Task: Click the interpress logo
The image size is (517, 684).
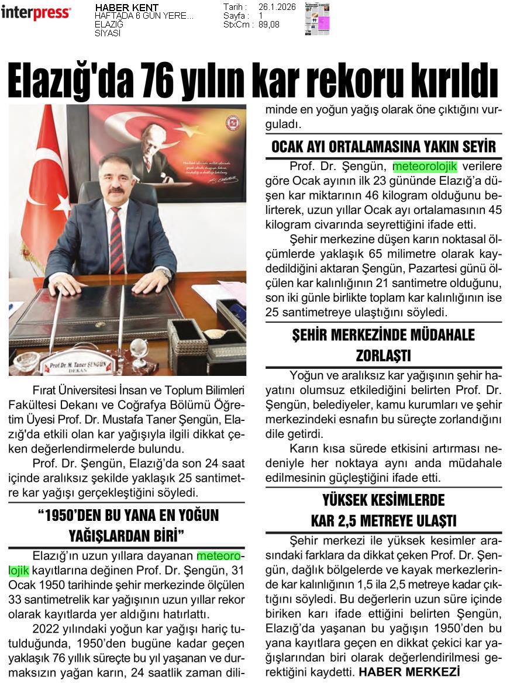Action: coord(36,12)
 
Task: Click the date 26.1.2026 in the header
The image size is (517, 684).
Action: coord(277,7)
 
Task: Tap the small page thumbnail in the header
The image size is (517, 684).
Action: coord(317,19)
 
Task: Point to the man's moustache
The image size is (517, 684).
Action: coord(116,190)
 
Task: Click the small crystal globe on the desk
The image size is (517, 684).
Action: coord(139,350)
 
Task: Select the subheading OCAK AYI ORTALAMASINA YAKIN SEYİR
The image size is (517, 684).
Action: coord(384,146)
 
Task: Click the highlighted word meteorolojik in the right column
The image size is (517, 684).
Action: coord(425,166)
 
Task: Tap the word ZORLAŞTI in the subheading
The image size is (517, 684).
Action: coord(384,355)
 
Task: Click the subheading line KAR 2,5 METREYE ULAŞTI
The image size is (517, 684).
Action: coord(384,520)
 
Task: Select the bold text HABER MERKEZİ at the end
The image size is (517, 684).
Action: coord(409,672)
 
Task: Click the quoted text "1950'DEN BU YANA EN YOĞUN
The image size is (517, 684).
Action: coord(127,516)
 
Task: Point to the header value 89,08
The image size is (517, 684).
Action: coord(270,25)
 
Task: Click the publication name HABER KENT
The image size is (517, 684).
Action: coord(126,8)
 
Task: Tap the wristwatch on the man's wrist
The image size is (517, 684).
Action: coord(168,273)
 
